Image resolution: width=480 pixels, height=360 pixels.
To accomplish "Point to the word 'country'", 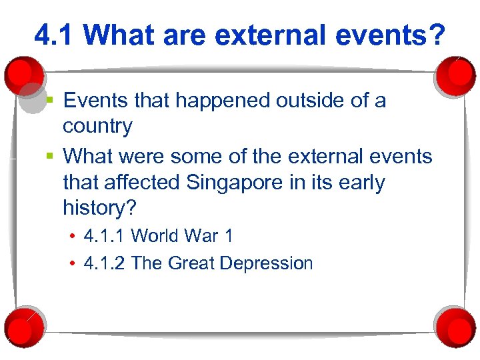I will (97, 126).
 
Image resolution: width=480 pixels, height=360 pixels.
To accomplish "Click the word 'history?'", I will (99, 208).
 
